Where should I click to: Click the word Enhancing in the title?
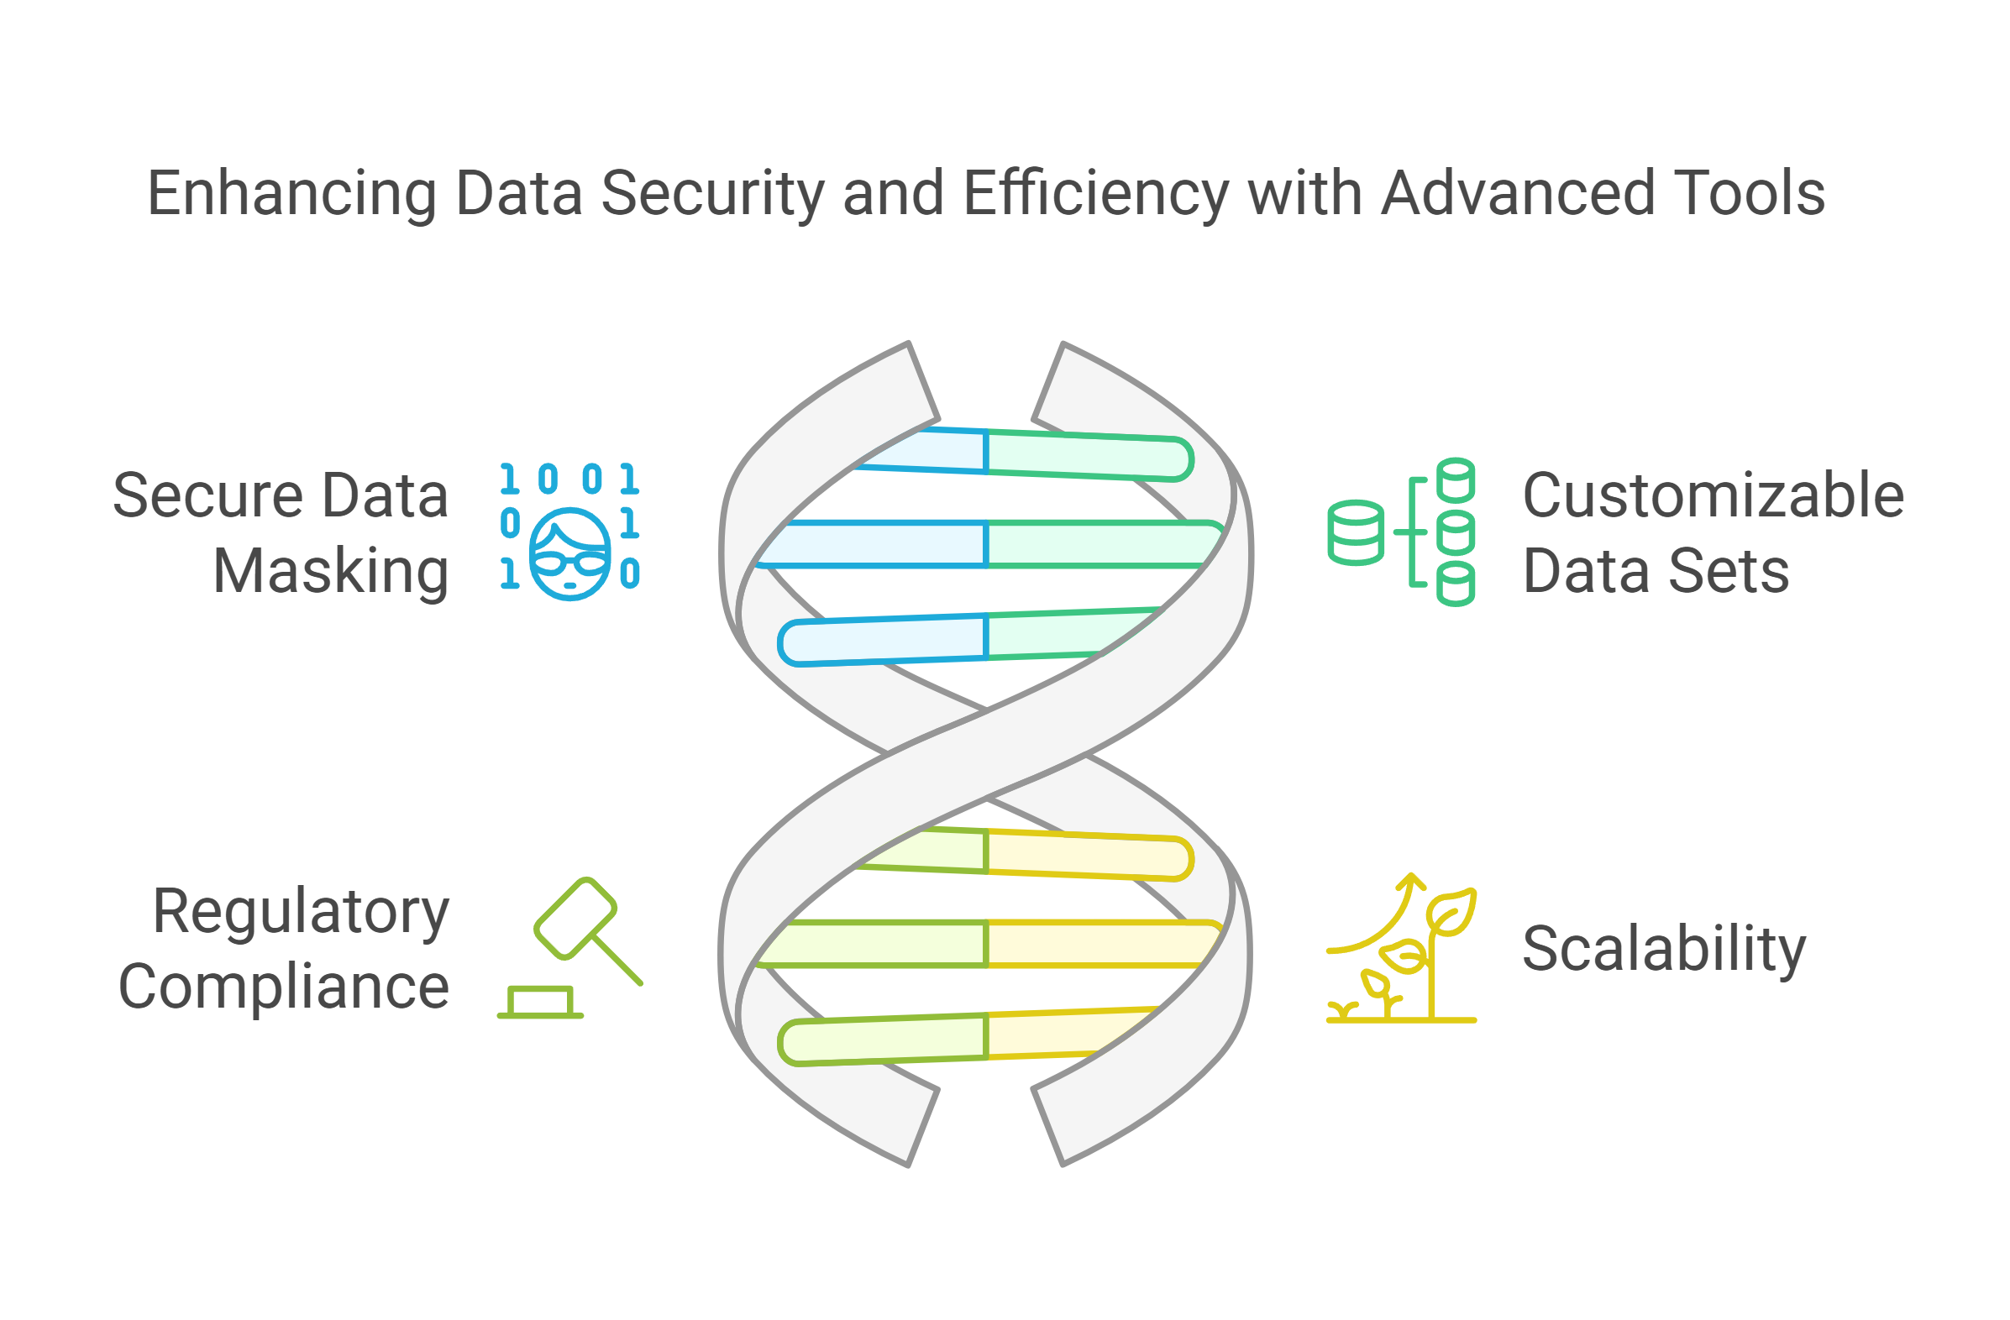291,194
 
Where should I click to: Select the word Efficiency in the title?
1095,194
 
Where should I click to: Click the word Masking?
330,573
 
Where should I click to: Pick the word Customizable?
1713,495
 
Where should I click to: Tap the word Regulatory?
301,912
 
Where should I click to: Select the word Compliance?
284,987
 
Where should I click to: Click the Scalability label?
1664,949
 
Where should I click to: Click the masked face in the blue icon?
570,554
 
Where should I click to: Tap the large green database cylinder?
1356,532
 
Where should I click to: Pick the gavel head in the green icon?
576,919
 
